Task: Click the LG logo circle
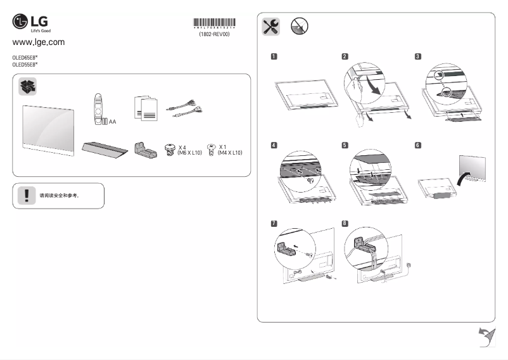coord(21,23)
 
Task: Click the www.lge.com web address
coord(39,42)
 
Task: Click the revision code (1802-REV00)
coord(214,35)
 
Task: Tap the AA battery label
coord(112,121)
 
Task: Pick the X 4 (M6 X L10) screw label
coord(189,150)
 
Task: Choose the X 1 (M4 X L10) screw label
coord(229,150)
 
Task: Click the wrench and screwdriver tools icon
coord(270,26)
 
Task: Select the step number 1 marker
coord(274,56)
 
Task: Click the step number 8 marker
coord(345,224)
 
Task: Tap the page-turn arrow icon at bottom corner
coord(485,337)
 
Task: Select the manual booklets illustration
coord(145,109)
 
